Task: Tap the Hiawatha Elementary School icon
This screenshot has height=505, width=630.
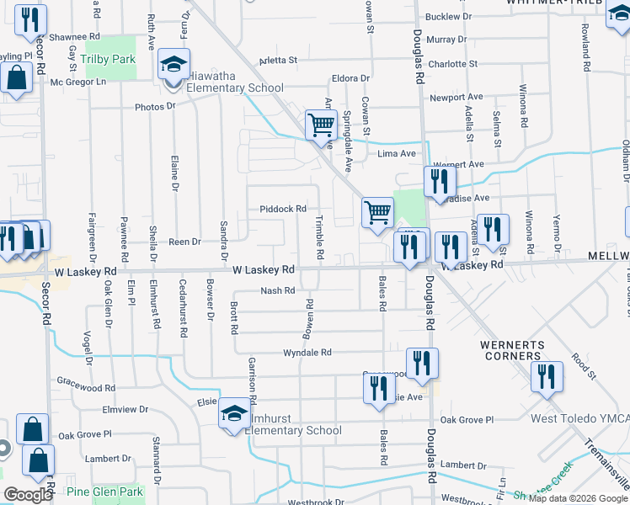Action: click(x=173, y=65)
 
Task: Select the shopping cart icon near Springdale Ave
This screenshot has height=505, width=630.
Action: click(x=321, y=125)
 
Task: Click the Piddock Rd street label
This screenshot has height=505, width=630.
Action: click(x=282, y=209)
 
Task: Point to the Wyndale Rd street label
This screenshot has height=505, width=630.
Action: click(x=307, y=353)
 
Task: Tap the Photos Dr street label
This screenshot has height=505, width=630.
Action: click(x=154, y=107)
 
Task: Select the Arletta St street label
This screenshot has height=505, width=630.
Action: click(x=279, y=61)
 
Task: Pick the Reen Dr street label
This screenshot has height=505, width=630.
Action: click(x=184, y=242)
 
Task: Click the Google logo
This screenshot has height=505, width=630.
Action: click(x=27, y=495)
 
